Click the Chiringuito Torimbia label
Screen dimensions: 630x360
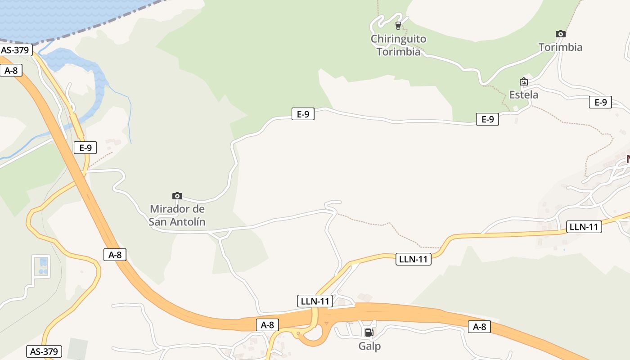point(398,45)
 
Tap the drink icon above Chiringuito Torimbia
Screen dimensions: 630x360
point(398,25)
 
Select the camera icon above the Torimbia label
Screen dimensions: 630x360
point(560,34)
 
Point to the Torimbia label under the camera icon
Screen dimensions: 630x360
point(560,47)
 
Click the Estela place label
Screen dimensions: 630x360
point(523,95)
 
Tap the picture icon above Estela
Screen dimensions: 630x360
point(523,82)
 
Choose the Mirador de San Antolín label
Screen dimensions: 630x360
point(177,215)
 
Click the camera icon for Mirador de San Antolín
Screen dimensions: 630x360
point(177,196)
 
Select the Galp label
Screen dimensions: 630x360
point(369,346)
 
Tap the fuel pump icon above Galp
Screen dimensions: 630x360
point(369,333)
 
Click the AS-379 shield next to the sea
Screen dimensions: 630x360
point(16,49)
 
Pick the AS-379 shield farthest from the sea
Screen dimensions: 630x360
point(44,351)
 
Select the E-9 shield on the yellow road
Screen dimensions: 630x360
point(85,148)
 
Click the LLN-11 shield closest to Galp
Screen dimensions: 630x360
point(315,301)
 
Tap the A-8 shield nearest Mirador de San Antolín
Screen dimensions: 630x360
point(115,255)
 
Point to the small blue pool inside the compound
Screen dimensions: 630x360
point(43,261)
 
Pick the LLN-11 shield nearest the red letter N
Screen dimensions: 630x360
point(583,227)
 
